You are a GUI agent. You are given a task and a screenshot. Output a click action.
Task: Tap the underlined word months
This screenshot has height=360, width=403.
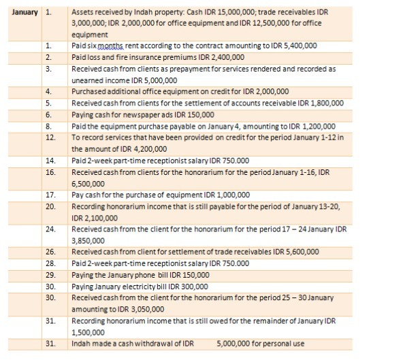(x=112, y=46)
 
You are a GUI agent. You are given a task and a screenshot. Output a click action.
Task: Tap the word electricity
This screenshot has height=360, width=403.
(x=144, y=287)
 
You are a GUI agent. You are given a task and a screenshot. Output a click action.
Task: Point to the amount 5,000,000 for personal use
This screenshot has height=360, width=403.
(x=234, y=343)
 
